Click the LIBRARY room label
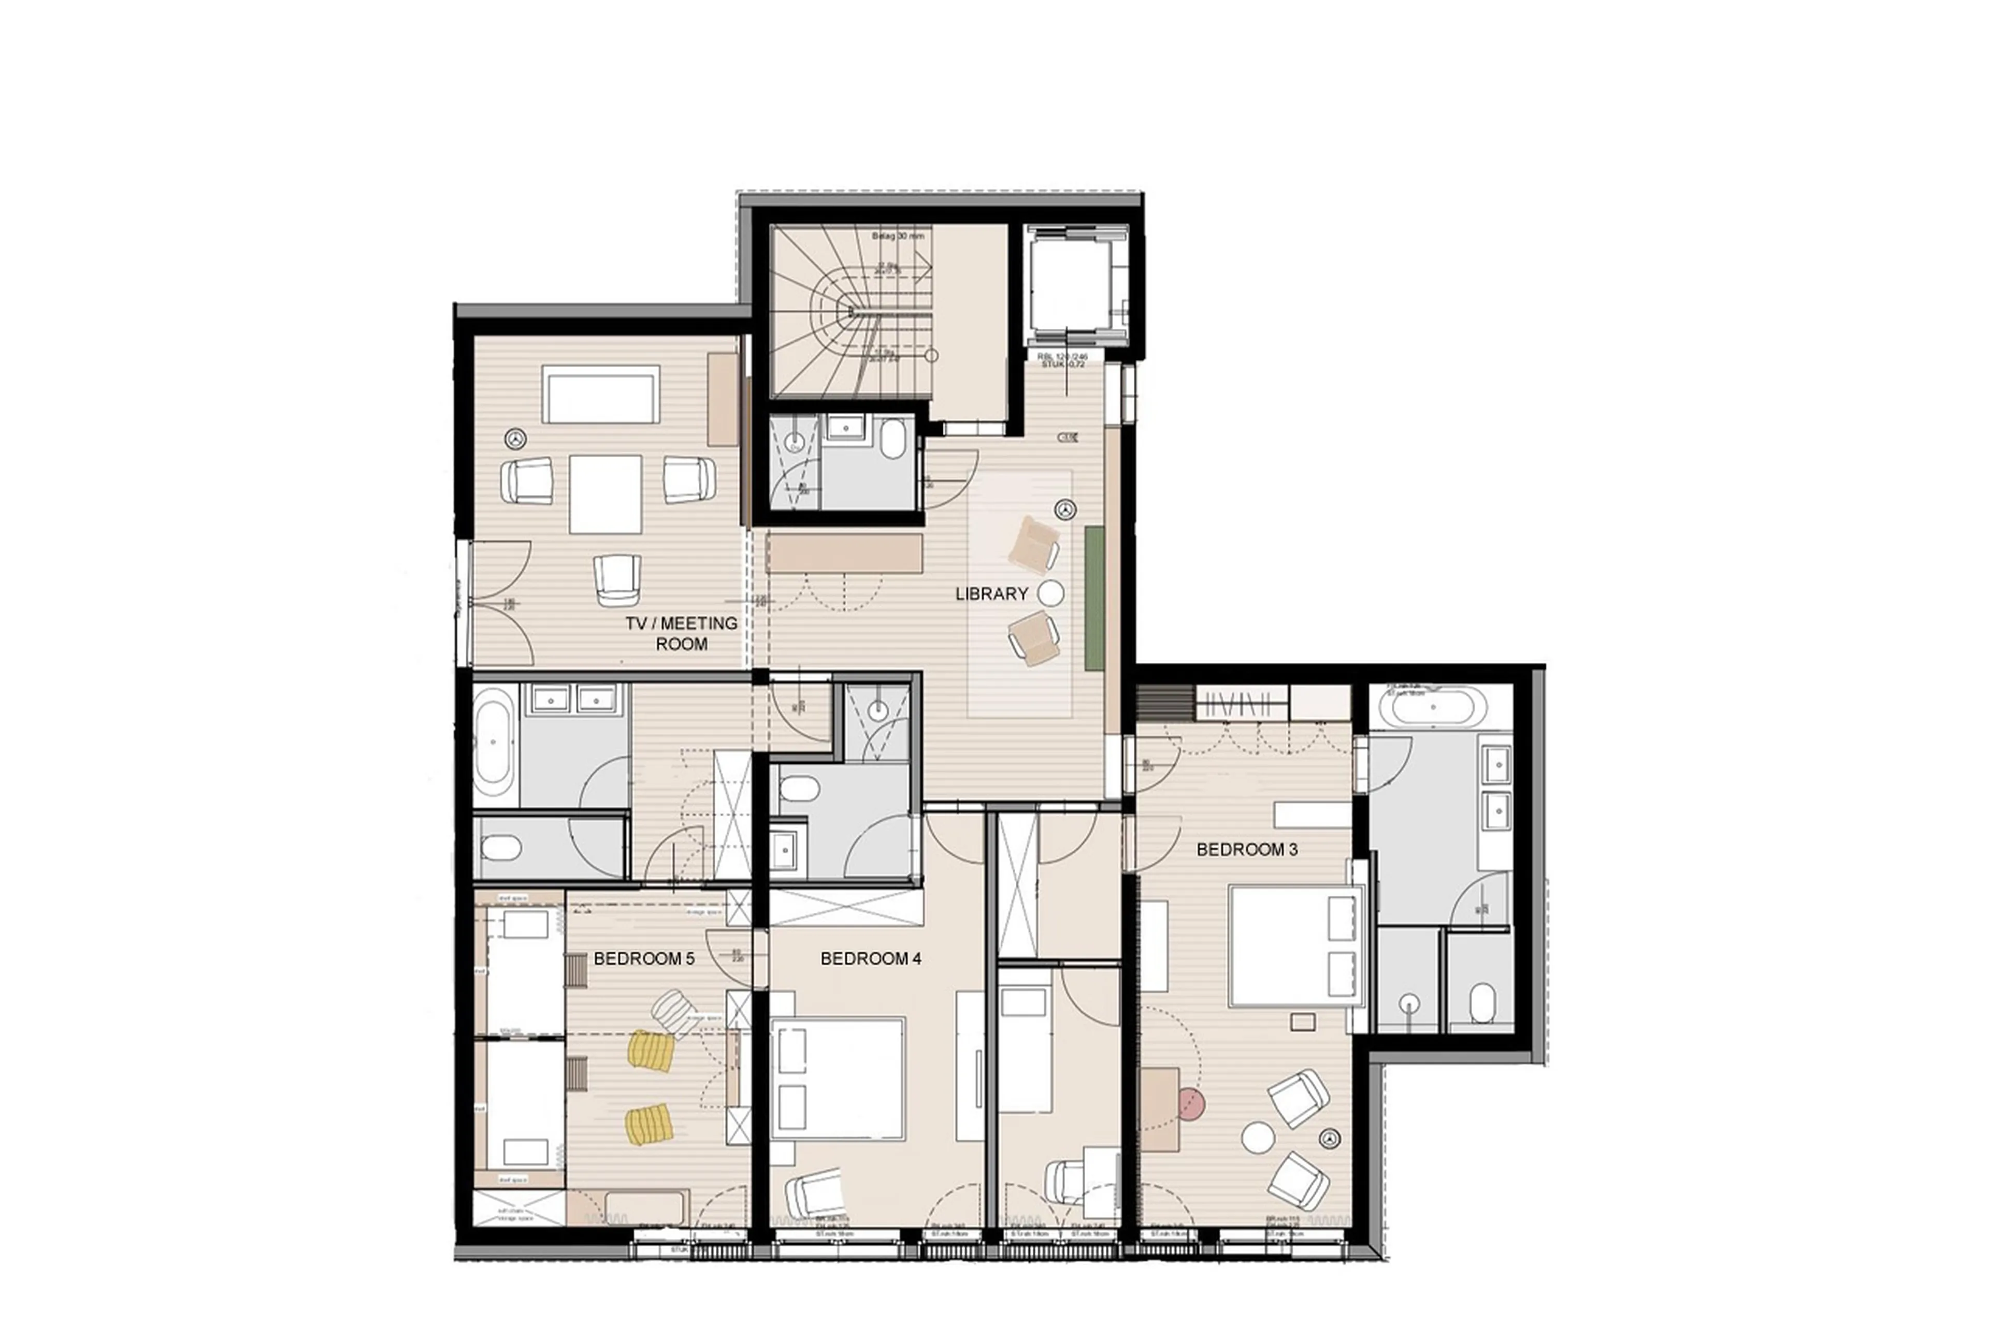click(x=991, y=594)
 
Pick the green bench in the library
click(x=1094, y=598)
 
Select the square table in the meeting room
click(x=604, y=494)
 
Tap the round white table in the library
click(x=1051, y=594)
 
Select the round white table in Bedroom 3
click(x=1257, y=1138)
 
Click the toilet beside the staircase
click(x=892, y=440)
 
